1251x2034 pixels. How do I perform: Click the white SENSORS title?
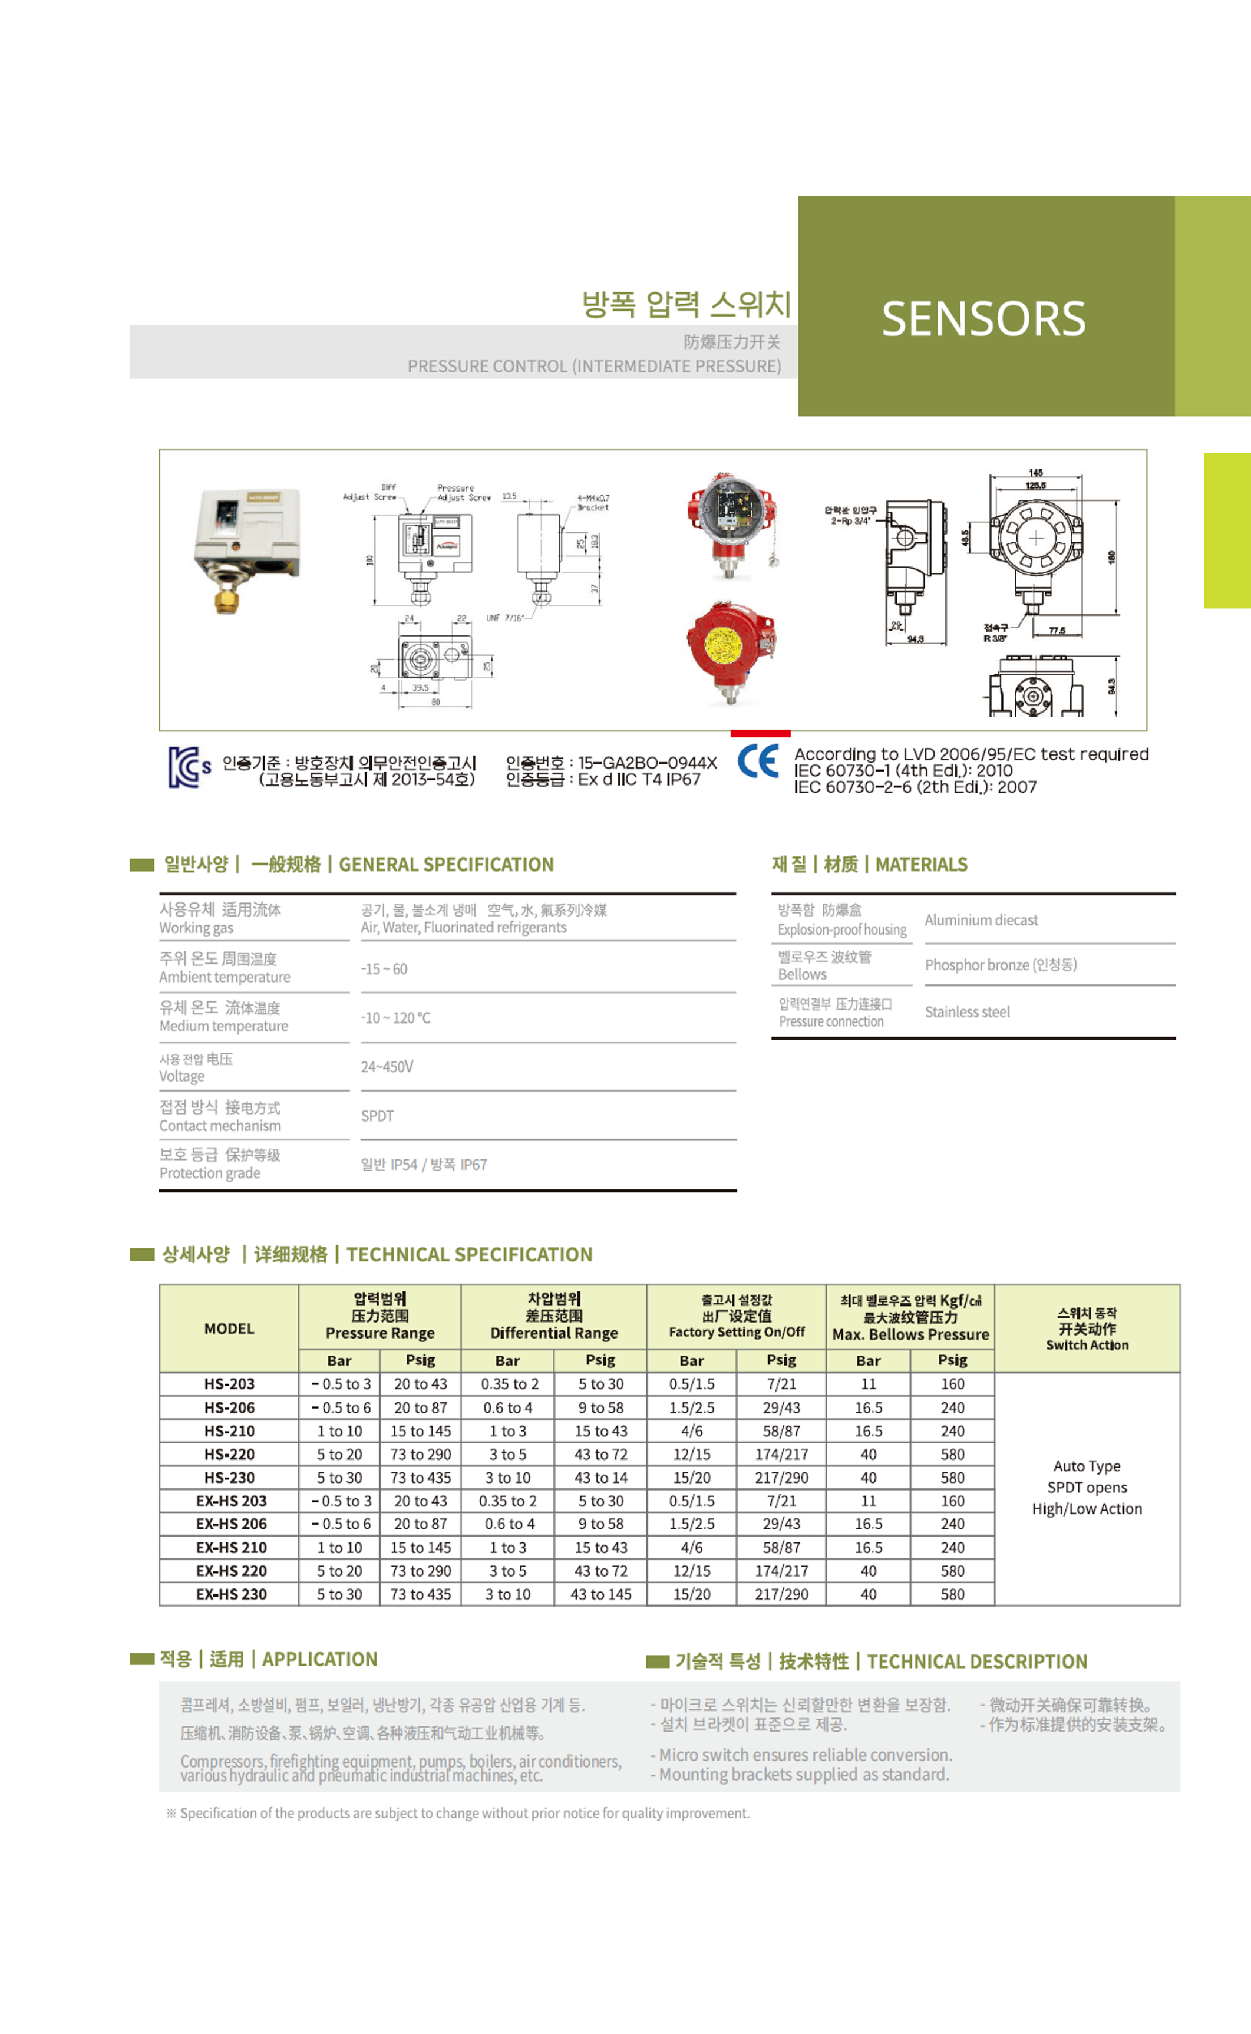pos(983,319)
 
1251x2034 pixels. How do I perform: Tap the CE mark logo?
pos(757,761)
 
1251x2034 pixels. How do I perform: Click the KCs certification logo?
pos(189,767)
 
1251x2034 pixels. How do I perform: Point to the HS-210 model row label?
pos(229,1430)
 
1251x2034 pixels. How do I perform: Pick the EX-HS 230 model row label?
pos(231,1594)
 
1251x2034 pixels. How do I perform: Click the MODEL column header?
pos(229,1328)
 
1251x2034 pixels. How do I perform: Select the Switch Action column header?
pos(1087,1328)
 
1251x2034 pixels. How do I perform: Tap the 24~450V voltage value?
pos(387,1067)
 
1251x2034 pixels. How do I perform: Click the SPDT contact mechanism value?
pos(377,1116)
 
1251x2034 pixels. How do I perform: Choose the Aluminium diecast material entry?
pos(981,920)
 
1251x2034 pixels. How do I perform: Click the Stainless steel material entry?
pos(966,1011)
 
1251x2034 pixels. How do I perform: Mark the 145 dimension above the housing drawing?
pos(1035,473)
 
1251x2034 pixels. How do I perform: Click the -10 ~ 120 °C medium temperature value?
pos(395,1018)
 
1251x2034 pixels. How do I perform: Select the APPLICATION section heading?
pos(319,1659)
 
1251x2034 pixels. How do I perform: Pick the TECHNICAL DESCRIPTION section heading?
pos(976,1662)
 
